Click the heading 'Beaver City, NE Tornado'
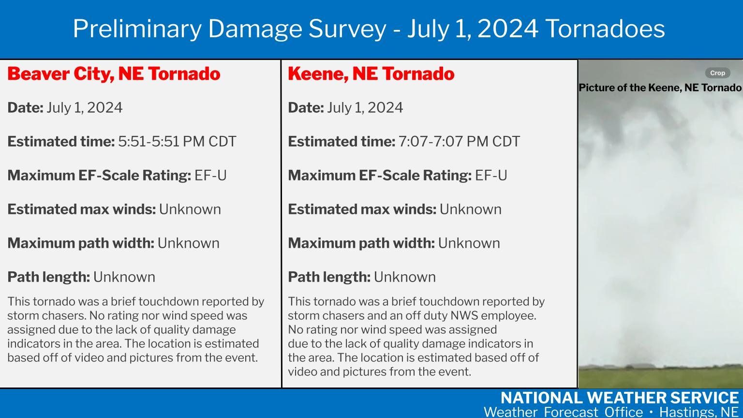pos(114,74)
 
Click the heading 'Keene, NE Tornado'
pos(371,74)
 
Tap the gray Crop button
pos(717,73)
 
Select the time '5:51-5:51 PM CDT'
pos(177,141)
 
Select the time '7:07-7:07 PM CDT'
pos(459,141)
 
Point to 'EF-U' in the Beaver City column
pos(210,175)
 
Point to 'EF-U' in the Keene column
pos(491,175)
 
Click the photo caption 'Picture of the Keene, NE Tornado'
pos(660,88)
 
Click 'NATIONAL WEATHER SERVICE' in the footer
pos(619,398)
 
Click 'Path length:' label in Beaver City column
pos(48,277)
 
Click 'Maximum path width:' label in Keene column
pos(361,243)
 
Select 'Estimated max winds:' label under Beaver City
pos(81,209)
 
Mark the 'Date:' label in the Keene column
pos(306,107)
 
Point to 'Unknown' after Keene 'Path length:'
pos(404,277)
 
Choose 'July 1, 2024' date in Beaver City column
pos(84,107)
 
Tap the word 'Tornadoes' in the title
pos(605,29)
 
